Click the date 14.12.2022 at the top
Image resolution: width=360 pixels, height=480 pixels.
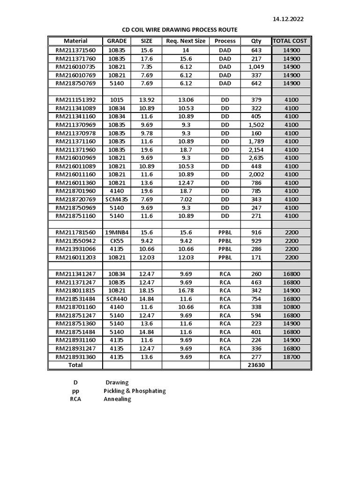pyautogui.click(x=288, y=19)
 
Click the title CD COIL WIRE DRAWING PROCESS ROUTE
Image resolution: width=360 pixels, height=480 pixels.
pyautogui.click(x=180, y=30)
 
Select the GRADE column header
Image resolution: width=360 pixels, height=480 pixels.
pyautogui.click(x=117, y=41)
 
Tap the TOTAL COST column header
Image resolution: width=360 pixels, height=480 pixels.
pyautogui.click(x=290, y=41)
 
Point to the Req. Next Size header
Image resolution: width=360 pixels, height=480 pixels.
pyautogui.click(x=186, y=41)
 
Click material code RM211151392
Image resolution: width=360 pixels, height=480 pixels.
pyautogui.click(x=75, y=100)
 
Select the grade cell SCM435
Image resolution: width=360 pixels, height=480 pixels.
pyautogui.click(x=117, y=199)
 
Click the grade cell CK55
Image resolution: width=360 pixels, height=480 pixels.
pyautogui.click(x=117, y=241)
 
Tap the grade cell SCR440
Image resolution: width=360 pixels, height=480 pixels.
pyautogui.click(x=117, y=299)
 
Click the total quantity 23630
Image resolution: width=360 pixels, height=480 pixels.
pyautogui.click(x=256, y=365)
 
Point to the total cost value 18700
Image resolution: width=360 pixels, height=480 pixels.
pyautogui.click(x=291, y=357)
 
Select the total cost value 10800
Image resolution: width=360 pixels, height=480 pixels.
pyautogui.click(x=291, y=307)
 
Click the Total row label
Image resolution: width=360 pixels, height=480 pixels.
pyautogui.click(x=75, y=365)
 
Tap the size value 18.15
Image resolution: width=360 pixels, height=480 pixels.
pyautogui.click(x=147, y=291)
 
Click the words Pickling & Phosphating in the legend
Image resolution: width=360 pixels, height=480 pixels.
pyautogui.click(x=135, y=391)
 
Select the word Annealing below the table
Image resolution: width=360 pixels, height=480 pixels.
pyautogui.click(x=117, y=399)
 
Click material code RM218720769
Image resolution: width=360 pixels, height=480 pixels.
pyautogui.click(x=75, y=199)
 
